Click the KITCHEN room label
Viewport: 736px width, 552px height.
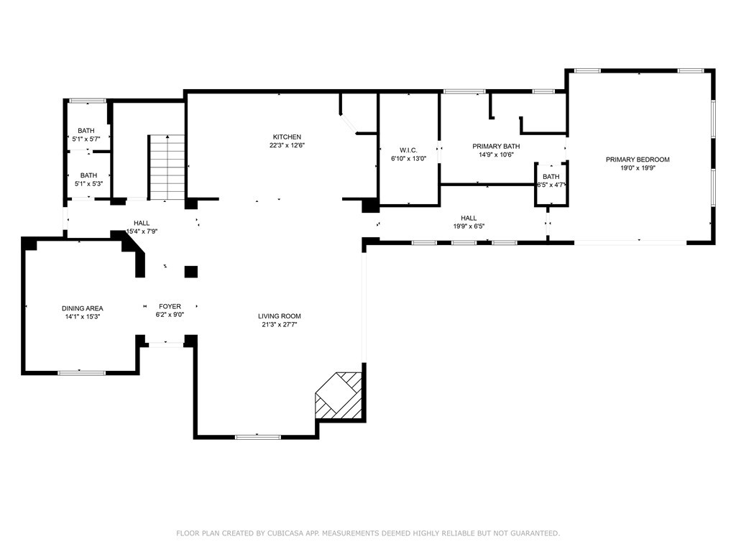[x=287, y=137]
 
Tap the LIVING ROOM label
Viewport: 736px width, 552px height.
[x=280, y=316]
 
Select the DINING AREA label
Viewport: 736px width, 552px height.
[x=82, y=308]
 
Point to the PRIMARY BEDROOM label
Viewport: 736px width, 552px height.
[x=638, y=160]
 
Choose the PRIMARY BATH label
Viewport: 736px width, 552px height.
[x=496, y=147]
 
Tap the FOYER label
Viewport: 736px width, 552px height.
[x=170, y=307]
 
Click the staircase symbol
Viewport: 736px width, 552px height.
[x=167, y=168]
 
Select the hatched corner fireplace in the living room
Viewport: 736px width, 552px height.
[x=339, y=396]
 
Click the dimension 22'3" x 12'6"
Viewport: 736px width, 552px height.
[x=287, y=145]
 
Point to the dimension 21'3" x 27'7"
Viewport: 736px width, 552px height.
[x=280, y=324]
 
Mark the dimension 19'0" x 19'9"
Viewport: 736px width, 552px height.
[x=638, y=168]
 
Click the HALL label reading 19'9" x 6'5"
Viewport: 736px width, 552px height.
[x=469, y=218]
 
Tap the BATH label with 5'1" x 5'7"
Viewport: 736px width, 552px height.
[x=86, y=131]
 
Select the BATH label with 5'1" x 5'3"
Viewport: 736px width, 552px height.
[x=88, y=175]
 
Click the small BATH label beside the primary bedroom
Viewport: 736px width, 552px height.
[x=551, y=177]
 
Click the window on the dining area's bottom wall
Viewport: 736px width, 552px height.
[x=81, y=372]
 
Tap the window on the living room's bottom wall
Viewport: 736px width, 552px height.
[x=258, y=436]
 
